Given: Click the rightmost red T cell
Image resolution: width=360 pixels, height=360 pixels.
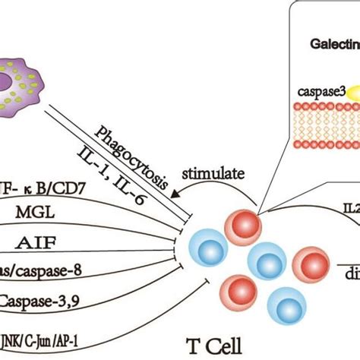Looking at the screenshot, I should coord(313,265).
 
